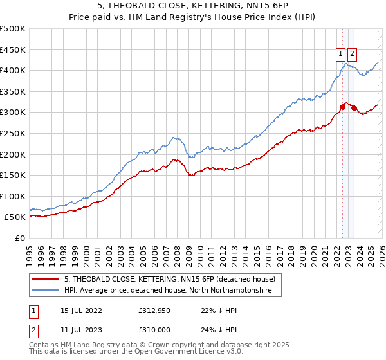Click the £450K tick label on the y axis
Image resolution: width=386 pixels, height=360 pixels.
13,50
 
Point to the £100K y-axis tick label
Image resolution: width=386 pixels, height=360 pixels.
13,196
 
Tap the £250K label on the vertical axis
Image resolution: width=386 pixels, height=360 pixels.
13,133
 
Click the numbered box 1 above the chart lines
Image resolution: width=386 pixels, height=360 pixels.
340,55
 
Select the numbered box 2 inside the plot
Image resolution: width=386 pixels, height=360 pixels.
353,55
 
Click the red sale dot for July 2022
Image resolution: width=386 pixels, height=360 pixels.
342,107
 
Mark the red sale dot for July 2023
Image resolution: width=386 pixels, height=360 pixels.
354,108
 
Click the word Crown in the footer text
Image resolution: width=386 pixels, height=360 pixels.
158,345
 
